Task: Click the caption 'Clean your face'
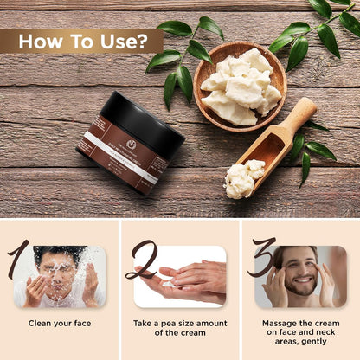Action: pyautogui.click(x=59, y=324)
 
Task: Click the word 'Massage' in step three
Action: pyautogui.click(x=277, y=324)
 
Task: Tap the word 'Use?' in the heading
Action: pyautogui.click(x=122, y=41)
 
